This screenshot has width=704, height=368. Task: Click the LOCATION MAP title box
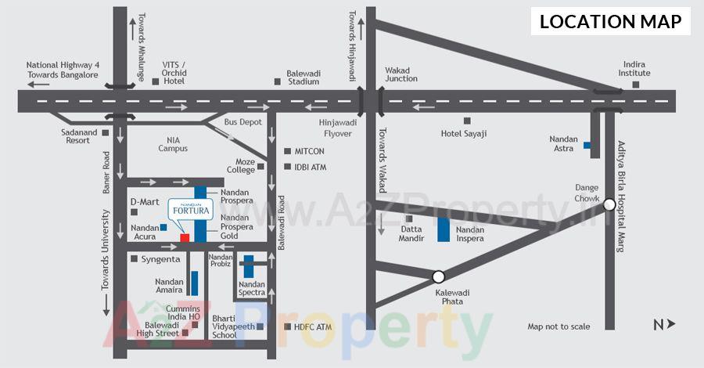pos(611,21)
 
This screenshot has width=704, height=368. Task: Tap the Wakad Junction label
pos(401,74)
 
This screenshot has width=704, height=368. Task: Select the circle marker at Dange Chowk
pos(609,204)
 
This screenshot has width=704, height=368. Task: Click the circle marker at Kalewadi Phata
pos(438,276)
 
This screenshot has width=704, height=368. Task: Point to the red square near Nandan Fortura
pos(185,237)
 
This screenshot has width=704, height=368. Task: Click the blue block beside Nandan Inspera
pos(444,229)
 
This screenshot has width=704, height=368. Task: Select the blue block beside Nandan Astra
pos(587,144)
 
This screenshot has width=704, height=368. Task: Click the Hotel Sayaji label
pos(464,134)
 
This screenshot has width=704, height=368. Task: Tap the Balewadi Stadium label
pos(303,77)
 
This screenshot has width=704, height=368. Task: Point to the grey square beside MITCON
pos(286,151)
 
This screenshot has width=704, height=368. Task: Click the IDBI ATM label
pos(310,167)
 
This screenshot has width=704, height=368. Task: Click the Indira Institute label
pos(636,69)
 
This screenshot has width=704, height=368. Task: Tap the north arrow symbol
pos(664,324)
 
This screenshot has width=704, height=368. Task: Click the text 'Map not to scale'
pos(559,327)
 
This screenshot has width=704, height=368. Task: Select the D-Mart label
pos(145,202)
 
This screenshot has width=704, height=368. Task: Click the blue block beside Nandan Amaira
pos(193,283)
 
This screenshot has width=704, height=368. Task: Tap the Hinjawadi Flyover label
pos(338,127)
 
